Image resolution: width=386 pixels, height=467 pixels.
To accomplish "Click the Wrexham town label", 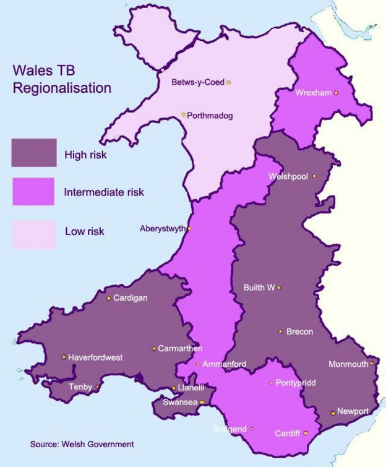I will (314, 93).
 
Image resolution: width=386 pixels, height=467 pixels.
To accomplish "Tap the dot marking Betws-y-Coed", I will (229, 82).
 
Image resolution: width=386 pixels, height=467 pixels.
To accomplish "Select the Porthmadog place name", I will (210, 115).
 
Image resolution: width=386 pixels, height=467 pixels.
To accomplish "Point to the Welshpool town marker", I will (314, 176).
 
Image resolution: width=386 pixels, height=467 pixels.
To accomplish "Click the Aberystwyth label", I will (162, 229).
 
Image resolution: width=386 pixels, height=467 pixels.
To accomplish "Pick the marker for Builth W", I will (279, 288).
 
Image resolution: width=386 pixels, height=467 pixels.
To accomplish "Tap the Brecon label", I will (299, 332).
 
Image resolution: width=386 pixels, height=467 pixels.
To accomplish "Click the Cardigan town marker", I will (109, 298).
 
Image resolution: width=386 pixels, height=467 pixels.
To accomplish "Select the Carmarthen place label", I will (180, 349).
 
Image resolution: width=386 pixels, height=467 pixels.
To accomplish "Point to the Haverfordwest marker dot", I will (64, 357).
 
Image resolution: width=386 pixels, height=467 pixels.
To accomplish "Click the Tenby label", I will (81, 387).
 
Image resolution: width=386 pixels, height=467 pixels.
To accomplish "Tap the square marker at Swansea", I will (202, 402).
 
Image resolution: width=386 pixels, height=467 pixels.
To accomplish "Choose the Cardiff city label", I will (288, 434).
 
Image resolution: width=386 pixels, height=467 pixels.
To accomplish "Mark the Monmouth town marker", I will (372, 364).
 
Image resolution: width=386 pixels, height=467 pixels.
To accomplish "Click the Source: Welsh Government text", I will (82, 444).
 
